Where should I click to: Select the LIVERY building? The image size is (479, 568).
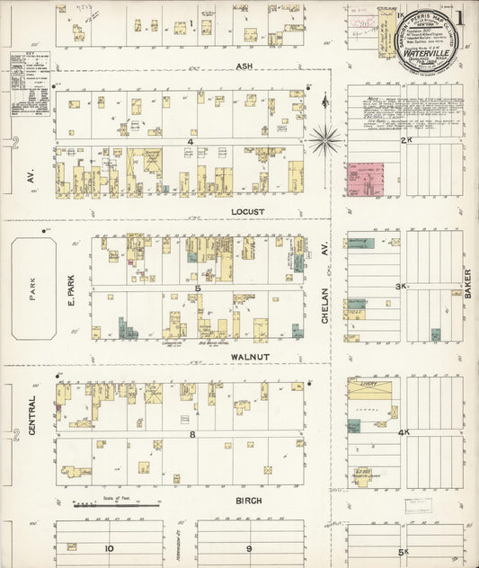(x=369, y=389)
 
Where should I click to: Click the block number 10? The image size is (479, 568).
(x=109, y=547)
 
